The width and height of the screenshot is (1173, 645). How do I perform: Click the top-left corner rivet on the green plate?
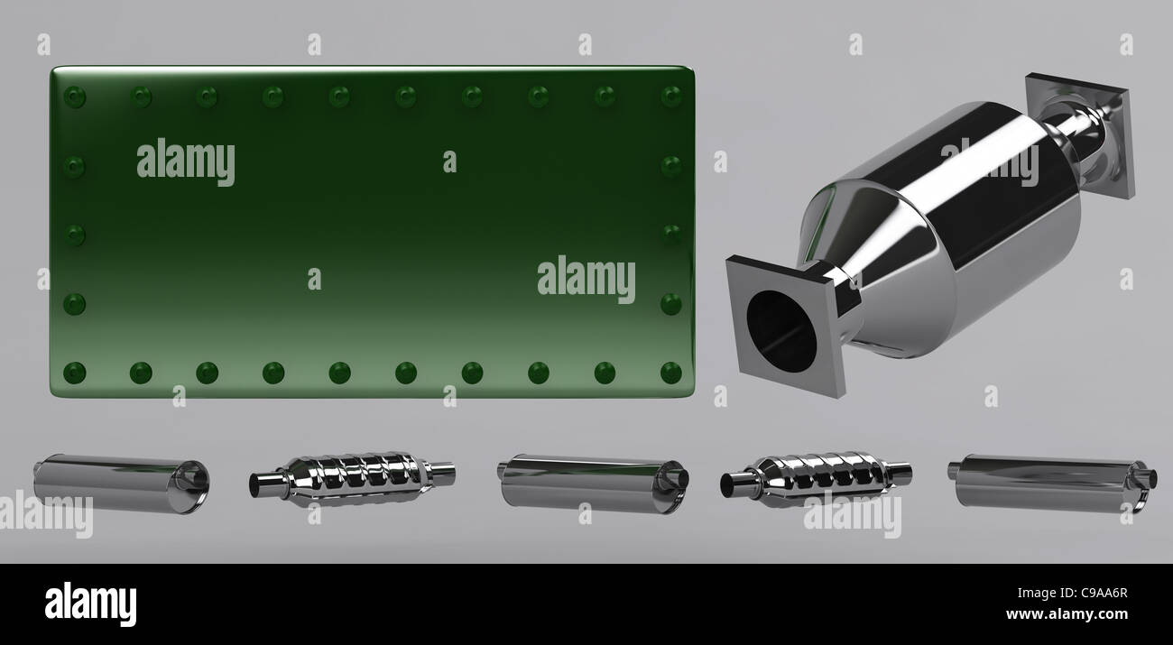click(x=74, y=97)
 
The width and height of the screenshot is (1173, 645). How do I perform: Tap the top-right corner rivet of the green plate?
click(x=670, y=97)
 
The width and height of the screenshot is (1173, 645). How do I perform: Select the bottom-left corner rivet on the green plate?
click(x=74, y=373)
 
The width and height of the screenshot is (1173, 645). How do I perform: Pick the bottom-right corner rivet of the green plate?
click(x=670, y=373)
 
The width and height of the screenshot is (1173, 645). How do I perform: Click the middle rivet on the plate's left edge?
click(x=74, y=235)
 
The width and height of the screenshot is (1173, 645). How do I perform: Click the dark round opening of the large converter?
click(x=780, y=331)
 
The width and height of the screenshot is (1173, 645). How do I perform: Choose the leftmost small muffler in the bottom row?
click(x=122, y=484)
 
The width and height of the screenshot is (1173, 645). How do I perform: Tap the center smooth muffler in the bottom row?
click(x=593, y=484)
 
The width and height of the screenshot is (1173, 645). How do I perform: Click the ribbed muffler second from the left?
click(x=352, y=478)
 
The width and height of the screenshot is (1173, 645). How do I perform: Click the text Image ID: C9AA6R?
click(x=1072, y=593)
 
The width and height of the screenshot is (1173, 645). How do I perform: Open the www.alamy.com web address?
click(x=1067, y=613)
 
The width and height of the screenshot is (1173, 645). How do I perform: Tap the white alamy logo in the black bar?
click(x=90, y=604)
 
